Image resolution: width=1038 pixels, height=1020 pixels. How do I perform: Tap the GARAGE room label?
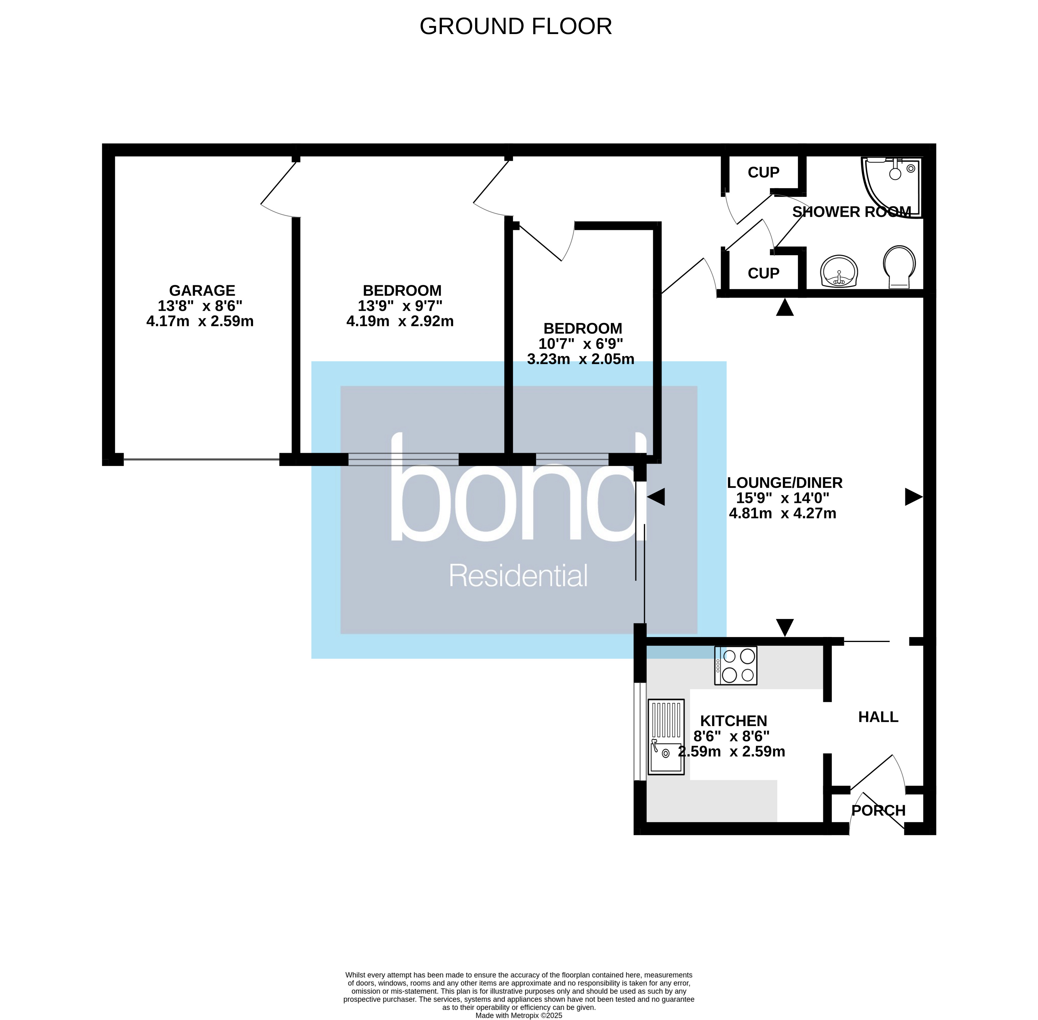pyautogui.click(x=202, y=290)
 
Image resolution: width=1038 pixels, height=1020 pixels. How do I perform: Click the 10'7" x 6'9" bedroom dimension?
pyautogui.click(x=581, y=343)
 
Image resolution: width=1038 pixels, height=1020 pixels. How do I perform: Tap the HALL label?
pyautogui.click(x=878, y=717)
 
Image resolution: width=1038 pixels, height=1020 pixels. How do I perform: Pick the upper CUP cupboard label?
pyautogui.click(x=763, y=173)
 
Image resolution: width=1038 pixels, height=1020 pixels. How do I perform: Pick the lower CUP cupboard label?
pyautogui.click(x=763, y=273)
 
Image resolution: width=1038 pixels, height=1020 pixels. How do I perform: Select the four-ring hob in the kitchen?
pyautogui.click(x=736, y=665)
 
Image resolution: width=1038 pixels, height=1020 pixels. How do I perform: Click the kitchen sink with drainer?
pyautogui.click(x=666, y=737)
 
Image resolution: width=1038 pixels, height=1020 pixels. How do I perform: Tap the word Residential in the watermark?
pyautogui.click(x=518, y=576)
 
